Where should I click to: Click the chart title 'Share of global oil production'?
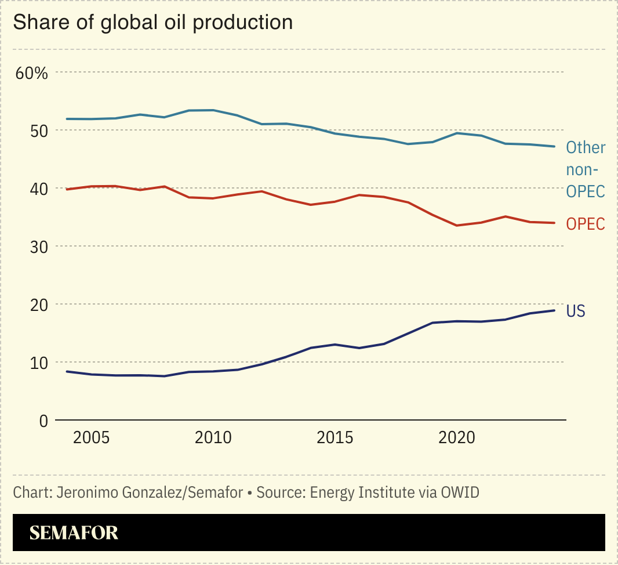(152, 22)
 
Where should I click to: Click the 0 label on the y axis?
(43, 421)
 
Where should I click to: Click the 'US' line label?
(576, 312)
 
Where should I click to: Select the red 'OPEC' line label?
(586, 224)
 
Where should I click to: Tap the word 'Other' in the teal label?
(586, 148)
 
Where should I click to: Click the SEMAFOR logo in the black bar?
(74, 533)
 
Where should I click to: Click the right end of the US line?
(555, 310)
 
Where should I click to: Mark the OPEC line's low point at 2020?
(457, 225)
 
